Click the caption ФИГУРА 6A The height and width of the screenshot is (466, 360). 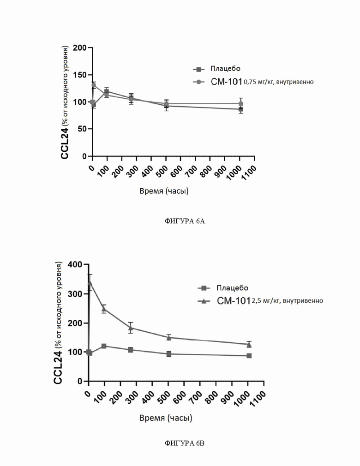[x=184, y=221]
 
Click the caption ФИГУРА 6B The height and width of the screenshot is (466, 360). [x=184, y=443]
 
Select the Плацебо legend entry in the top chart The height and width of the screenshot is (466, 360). [x=217, y=69]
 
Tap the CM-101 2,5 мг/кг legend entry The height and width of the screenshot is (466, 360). [x=260, y=301]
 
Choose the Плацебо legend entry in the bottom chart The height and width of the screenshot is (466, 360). [x=223, y=288]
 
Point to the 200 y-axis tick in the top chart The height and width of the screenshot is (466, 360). [x=80, y=48]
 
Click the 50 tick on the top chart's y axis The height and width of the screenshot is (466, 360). [x=82, y=129]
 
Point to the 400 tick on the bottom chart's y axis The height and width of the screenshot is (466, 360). [x=75, y=264]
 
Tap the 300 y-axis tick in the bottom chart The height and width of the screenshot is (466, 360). [x=75, y=293]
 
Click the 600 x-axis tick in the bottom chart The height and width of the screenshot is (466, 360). [x=179, y=397]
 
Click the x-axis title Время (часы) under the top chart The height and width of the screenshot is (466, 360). [x=164, y=191]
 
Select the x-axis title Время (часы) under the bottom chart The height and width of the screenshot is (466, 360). [x=166, y=418]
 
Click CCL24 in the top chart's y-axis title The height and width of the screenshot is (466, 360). [x=65, y=143]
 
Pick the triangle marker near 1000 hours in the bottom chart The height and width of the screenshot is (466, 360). [x=249, y=345]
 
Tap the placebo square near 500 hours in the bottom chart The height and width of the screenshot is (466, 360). [x=169, y=354]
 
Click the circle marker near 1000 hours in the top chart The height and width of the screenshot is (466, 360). [x=241, y=103]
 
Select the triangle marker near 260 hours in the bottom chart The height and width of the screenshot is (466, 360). [x=131, y=328]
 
